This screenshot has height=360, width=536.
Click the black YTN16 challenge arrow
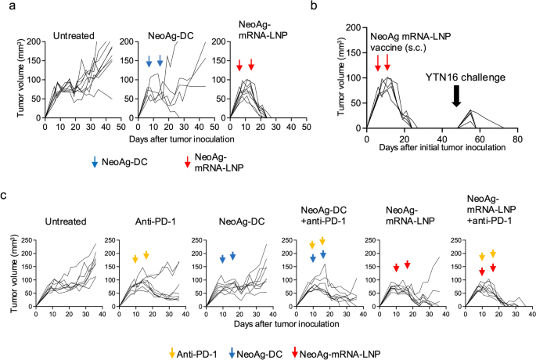pos(456,95)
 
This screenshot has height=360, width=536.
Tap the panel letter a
pos(13,5)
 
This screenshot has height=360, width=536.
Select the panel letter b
pos(314,5)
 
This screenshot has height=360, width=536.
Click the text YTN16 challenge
pos(466,77)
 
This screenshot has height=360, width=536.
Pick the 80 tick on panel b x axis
pos(517,139)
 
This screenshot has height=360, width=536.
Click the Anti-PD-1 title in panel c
pos(151,221)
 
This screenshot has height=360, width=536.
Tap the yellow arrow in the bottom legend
pos(172,353)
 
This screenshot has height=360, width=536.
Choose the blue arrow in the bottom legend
pos(232,353)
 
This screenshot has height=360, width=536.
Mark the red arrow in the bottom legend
pos(295,353)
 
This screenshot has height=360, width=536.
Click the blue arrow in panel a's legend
pos(95,162)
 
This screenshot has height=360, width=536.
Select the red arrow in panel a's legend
pos(187,162)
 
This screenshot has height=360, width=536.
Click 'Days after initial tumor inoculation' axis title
pos(442,148)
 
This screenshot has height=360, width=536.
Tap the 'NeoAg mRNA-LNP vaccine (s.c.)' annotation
pos(411,41)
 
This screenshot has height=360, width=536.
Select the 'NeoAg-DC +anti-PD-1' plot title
pos(323,216)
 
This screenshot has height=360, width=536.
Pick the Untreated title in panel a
pos(74,36)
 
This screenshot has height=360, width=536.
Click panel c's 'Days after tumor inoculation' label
pos(286,324)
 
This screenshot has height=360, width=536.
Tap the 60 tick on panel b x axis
pos(480,139)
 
